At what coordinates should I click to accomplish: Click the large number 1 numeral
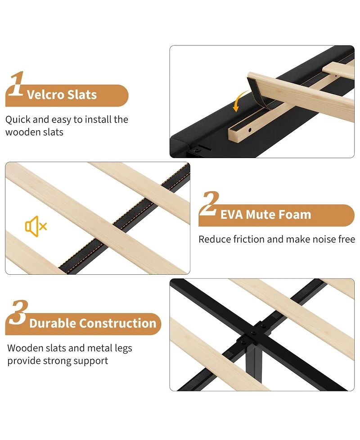(x=16, y=84)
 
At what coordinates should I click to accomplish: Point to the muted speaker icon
(x=36, y=226)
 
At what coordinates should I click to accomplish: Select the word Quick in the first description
(x=18, y=119)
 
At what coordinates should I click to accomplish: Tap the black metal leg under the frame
(x=254, y=362)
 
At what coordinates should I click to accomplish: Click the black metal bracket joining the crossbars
(x=254, y=334)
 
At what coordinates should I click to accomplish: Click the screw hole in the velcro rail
(x=250, y=130)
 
